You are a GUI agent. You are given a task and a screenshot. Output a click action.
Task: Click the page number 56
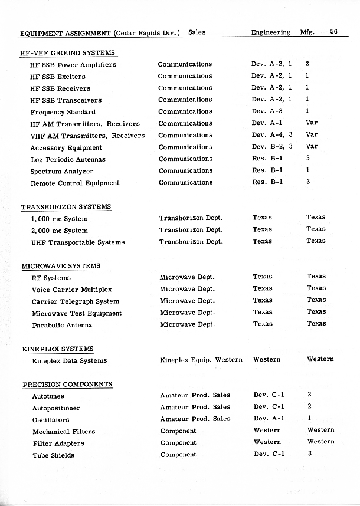click(333, 32)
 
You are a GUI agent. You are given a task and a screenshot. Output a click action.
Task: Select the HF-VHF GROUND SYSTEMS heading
click(67, 53)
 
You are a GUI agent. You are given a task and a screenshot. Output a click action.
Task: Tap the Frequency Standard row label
click(63, 112)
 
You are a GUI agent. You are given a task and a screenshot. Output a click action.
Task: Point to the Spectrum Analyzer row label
click(62, 172)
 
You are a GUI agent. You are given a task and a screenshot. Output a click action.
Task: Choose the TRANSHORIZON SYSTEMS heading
click(66, 207)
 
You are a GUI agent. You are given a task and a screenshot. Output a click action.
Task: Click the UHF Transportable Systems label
click(78, 242)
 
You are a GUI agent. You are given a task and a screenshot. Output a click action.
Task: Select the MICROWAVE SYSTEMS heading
click(61, 266)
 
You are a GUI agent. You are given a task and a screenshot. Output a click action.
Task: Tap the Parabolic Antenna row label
click(62, 325)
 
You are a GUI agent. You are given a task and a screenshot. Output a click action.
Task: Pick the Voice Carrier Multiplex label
click(71, 290)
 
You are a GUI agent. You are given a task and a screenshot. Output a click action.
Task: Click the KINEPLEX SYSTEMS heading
click(58, 349)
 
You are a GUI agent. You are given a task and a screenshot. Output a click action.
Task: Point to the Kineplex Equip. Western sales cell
click(201, 360)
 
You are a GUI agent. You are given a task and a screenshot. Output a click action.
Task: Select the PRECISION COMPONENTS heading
click(67, 385)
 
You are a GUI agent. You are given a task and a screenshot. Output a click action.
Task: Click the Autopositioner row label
click(56, 408)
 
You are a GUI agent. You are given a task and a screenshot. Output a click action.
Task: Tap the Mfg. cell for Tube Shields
click(309, 454)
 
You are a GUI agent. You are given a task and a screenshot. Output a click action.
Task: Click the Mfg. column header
click(307, 32)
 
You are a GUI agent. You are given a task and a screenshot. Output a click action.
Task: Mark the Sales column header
click(197, 32)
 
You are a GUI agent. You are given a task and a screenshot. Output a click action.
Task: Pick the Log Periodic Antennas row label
click(68, 160)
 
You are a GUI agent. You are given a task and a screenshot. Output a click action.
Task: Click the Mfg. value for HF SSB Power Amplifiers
click(307, 64)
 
